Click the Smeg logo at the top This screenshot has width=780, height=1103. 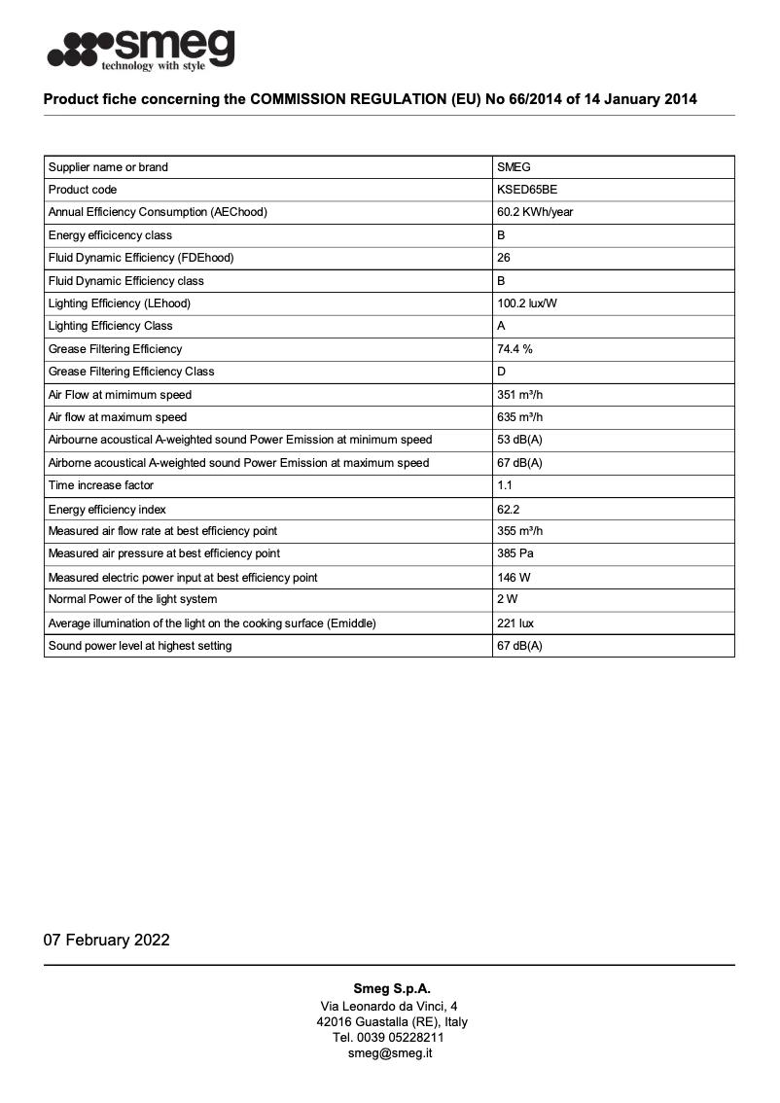(140, 49)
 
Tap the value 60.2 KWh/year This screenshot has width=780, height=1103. (535, 212)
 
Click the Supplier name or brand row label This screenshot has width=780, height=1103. (108, 167)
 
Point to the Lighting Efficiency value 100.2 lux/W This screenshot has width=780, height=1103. (527, 303)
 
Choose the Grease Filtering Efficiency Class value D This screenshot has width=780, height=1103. (502, 372)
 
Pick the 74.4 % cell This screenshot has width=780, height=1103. (514, 349)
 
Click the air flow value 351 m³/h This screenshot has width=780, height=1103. (519, 395)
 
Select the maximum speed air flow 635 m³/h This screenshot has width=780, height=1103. (519, 417)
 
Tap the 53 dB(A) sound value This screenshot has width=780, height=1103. (519, 440)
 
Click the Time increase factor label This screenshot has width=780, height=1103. (101, 485)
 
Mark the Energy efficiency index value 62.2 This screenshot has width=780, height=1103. (509, 510)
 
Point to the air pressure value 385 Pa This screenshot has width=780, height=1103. (514, 553)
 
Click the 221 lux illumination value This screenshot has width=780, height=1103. (514, 623)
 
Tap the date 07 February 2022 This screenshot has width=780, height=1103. (106, 940)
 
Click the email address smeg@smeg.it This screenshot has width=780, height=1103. (390, 1053)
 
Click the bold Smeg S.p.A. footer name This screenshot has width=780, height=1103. (391, 988)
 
